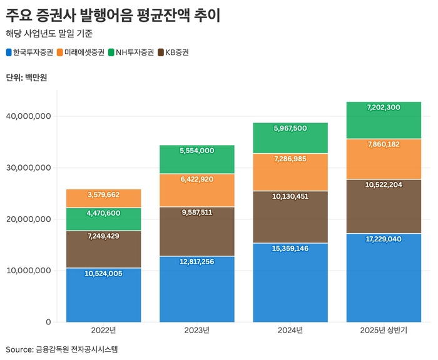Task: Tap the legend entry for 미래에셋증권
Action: (80, 52)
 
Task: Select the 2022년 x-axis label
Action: (103, 330)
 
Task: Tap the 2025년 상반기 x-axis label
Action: (384, 330)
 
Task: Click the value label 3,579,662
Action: (103, 195)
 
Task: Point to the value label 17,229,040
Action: (384, 239)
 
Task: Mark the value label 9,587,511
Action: (197, 212)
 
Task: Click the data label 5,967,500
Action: (290, 128)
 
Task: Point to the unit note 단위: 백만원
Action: (26, 77)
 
